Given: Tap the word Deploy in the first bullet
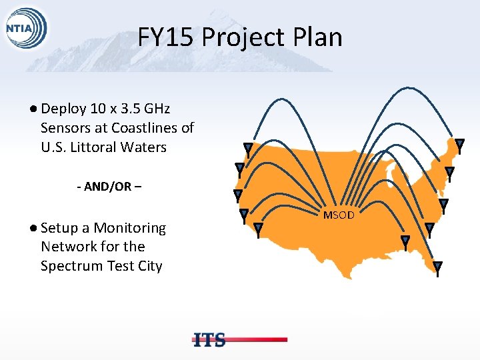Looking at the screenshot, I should click(62, 109).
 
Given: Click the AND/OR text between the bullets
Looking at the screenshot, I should click(109, 187).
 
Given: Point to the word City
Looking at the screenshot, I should click(149, 266).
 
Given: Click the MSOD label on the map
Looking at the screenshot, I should click(339, 215).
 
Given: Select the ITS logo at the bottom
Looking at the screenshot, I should click(209, 339).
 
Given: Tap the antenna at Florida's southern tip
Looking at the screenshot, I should click(437, 267).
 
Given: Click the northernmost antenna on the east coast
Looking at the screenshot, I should click(459, 145).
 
